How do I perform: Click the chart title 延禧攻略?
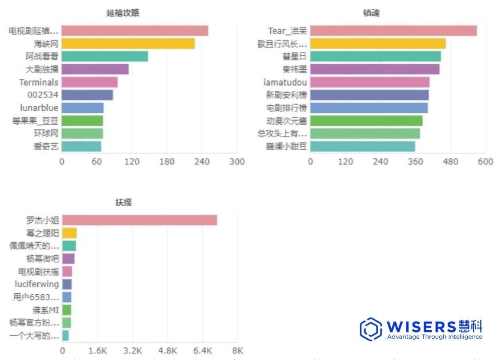[x=123, y=13]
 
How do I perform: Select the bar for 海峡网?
[x=128, y=44]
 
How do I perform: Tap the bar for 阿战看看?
[x=104, y=56]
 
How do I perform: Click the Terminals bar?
[x=89, y=82]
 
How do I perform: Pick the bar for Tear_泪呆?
[x=393, y=31]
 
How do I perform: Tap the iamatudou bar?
[x=369, y=82]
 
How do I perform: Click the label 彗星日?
[x=294, y=56]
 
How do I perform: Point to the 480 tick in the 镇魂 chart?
[x=450, y=161]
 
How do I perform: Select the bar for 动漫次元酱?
[x=366, y=121]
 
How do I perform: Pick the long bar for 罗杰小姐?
[x=139, y=220]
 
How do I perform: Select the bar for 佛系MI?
[x=67, y=310]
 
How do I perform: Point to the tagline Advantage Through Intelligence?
[x=434, y=337]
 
